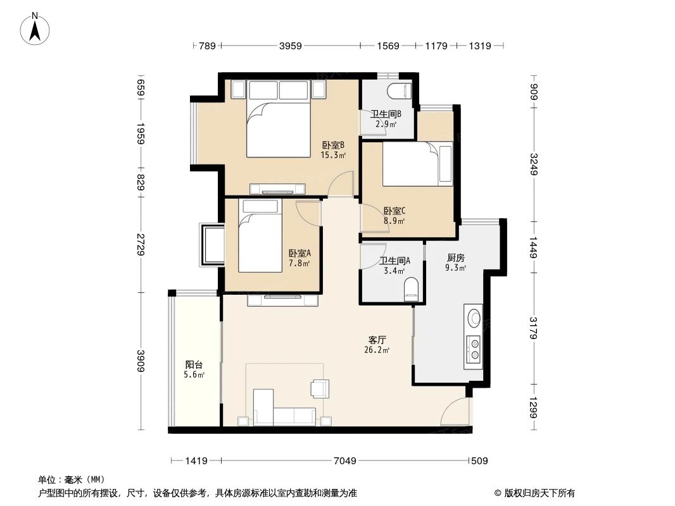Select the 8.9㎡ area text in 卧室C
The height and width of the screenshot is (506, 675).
click(394, 221)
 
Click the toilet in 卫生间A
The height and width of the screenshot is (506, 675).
click(411, 289)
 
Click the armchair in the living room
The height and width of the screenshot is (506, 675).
click(319, 388)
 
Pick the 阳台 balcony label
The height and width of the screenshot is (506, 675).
click(194, 364)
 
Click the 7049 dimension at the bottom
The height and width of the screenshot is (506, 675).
click(345, 461)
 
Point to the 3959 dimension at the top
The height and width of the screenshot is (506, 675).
click(290, 46)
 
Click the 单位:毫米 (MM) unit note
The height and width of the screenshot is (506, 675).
click(72, 479)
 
